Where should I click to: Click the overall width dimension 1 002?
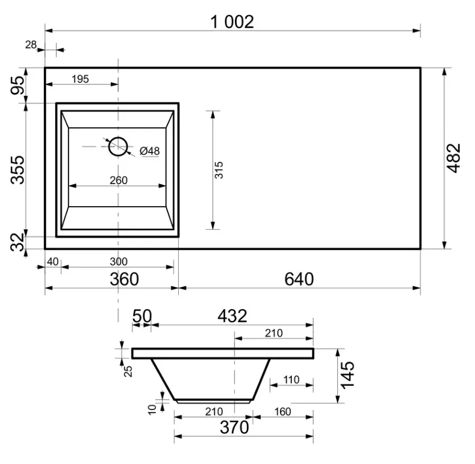click(x=232, y=22)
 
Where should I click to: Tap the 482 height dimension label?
click(x=454, y=158)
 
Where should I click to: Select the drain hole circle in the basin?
click(x=118, y=146)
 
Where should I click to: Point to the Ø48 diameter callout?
click(x=150, y=151)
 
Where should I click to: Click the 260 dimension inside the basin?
click(x=119, y=180)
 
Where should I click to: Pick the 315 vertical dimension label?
click(x=219, y=170)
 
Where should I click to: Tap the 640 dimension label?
click(x=299, y=279)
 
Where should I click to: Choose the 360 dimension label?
click(x=124, y=279)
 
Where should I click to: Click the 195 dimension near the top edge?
click(x=80, y=79)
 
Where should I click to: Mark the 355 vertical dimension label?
click(x=17, y=169)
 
